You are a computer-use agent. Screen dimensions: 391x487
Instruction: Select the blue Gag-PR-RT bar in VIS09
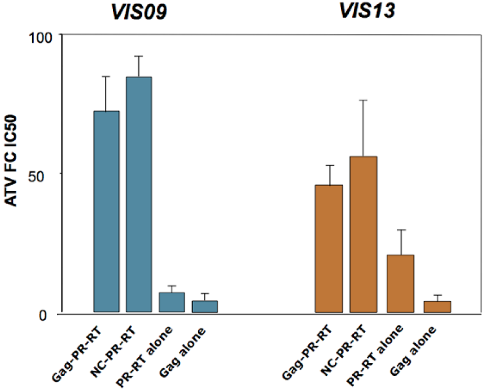click(106, 211)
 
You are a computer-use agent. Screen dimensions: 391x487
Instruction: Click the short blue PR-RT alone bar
click(172, 302)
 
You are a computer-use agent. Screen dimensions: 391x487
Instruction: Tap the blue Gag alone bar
click(205, 307)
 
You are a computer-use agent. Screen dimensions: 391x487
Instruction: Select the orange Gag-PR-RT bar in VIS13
click(329, 248)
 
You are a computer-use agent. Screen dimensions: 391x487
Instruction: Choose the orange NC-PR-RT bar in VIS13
click(363, 234)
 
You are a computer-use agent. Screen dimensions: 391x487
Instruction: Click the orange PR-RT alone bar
click(400, 283)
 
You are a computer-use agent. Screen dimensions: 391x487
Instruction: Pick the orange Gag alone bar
click(437, 307)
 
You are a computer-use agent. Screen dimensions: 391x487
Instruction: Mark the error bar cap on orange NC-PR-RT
click(363, 100)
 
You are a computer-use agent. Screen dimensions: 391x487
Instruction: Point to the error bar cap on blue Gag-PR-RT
click(106, 77)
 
